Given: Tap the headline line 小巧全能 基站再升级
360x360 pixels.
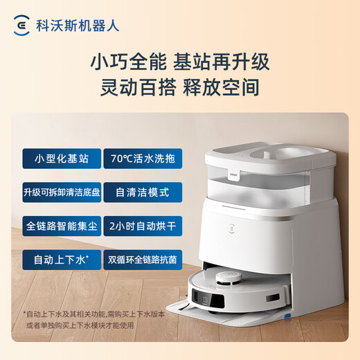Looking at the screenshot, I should click(180, 62).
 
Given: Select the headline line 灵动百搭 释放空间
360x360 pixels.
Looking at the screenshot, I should click(180, 89).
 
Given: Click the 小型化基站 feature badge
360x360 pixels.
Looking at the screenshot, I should click(61, 158).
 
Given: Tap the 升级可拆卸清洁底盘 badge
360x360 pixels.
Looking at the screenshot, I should click(61, 192).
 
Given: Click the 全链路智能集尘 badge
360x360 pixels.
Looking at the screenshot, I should click(61, 226).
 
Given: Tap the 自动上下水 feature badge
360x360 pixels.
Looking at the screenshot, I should click(61, 260).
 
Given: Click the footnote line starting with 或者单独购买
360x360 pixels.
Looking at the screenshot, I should click(88, 327).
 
